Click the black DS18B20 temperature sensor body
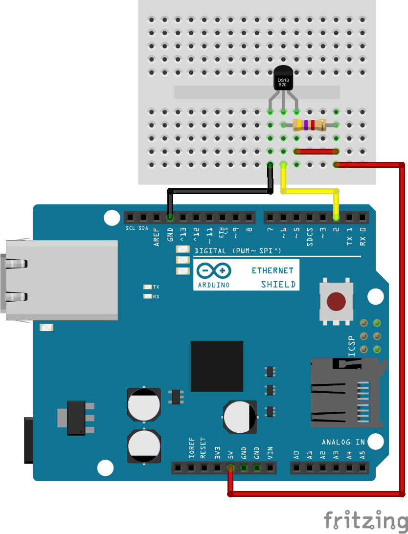coord(282,79)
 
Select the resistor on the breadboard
coord(309,125)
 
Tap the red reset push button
coord(336,302)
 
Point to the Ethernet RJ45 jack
coord(59,280)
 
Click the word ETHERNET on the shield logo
coord(272,270)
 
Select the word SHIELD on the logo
coord(277,284)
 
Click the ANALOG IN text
coord(343,442)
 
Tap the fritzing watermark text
coord(366,520)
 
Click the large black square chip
coord(217,366)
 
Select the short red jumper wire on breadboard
coord(317,151)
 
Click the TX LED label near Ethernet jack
coord(156,287)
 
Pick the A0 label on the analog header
coord(296,455)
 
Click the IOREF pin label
coord(191,449)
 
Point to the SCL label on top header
coord(130,228)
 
